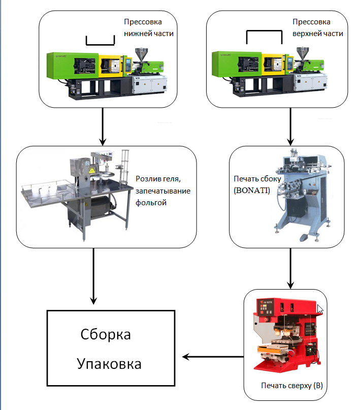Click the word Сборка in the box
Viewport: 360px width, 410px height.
pyautogui.click(x=106, y=335)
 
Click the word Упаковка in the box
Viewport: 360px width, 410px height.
pyautogui.click(x=109, y=364)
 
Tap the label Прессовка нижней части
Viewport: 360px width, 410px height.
pyautogui.click(x=149, y=28)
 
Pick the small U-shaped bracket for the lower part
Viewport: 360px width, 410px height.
pyautogui.click(x=100, y=41)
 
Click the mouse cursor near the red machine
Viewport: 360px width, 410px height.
pyautogui.click(x=320, y=309)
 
